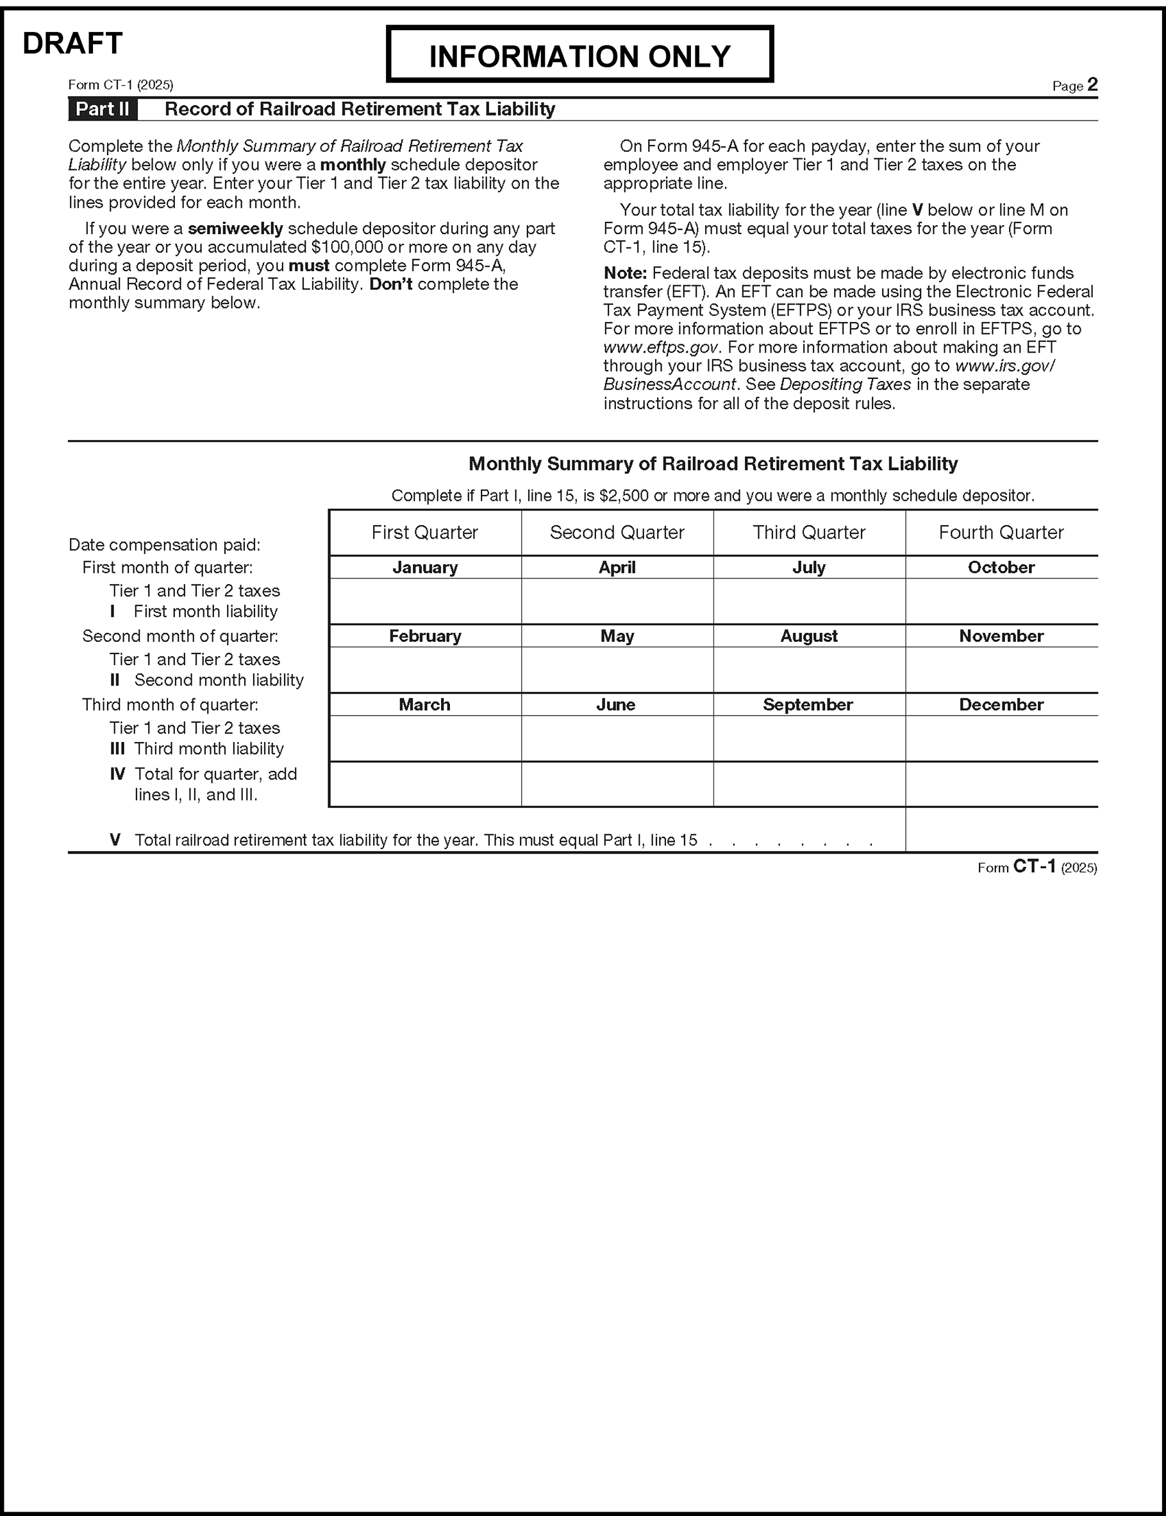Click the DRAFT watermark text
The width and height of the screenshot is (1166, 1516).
72,43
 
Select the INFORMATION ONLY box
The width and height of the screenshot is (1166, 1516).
579,55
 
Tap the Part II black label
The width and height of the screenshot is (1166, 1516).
103,109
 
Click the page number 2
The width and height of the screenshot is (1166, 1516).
1092,85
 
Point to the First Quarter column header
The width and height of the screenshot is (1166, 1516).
425,532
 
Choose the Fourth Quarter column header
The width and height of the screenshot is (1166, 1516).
1001,532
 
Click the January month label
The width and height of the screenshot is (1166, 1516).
425,567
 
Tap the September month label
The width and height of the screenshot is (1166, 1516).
808,705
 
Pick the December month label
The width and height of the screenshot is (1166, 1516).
1001,705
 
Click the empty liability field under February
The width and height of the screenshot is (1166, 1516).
425,670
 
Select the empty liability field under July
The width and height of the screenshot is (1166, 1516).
809,601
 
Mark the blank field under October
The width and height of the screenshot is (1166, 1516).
1001,601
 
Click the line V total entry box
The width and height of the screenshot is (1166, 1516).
1001,829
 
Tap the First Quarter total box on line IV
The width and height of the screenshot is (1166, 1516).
425,784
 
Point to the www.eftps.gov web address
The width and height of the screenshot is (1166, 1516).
661,347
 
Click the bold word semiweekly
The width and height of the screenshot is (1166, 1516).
235,228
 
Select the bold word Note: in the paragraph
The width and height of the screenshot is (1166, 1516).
624,273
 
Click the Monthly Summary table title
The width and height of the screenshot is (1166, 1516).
713,464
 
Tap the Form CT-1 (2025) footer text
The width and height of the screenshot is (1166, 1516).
1037,867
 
